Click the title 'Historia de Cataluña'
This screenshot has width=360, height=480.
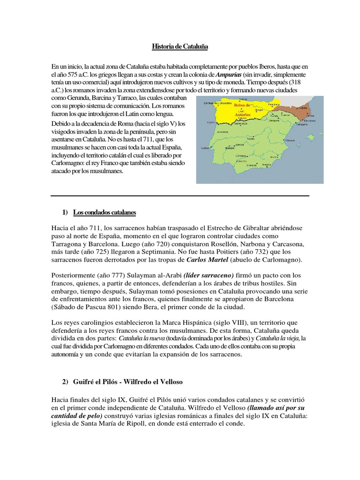[x=180, y=47]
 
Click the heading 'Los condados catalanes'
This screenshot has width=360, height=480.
[x=104, y=213]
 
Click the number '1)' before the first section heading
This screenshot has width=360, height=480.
[x=65, y=213]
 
